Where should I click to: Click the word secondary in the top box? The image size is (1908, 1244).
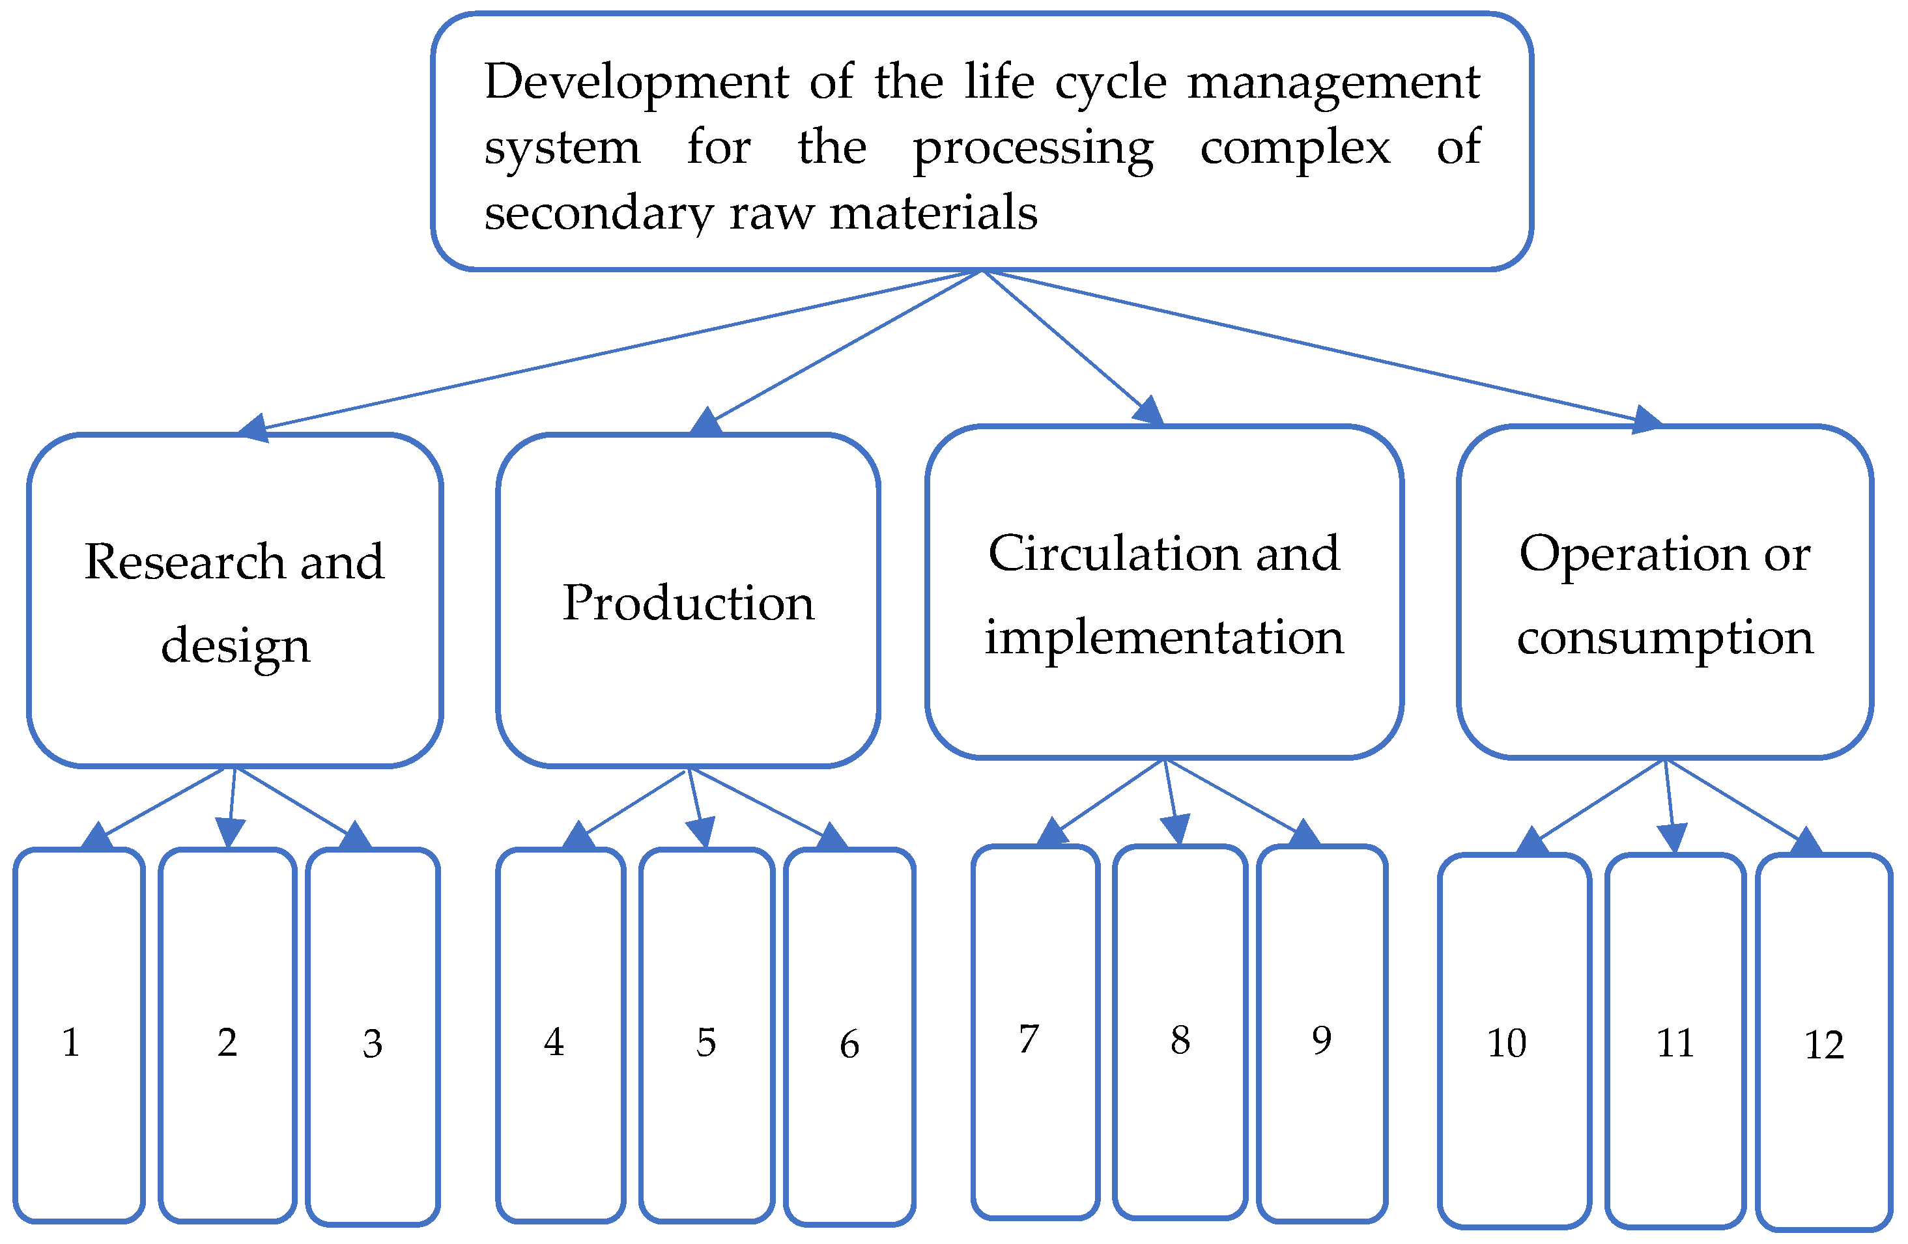pos(597,213)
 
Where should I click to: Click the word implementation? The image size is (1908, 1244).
pos(1163,638)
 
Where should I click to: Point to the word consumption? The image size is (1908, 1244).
pos(1664,638)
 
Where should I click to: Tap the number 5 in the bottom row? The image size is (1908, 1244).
pos(705,1043)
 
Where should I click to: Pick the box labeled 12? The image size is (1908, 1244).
pos(1824,1042)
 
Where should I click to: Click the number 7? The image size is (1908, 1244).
pos(1029,1039)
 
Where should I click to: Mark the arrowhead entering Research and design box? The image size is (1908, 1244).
pos(254,428)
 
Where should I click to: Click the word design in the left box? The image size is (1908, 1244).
pos(235,646)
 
